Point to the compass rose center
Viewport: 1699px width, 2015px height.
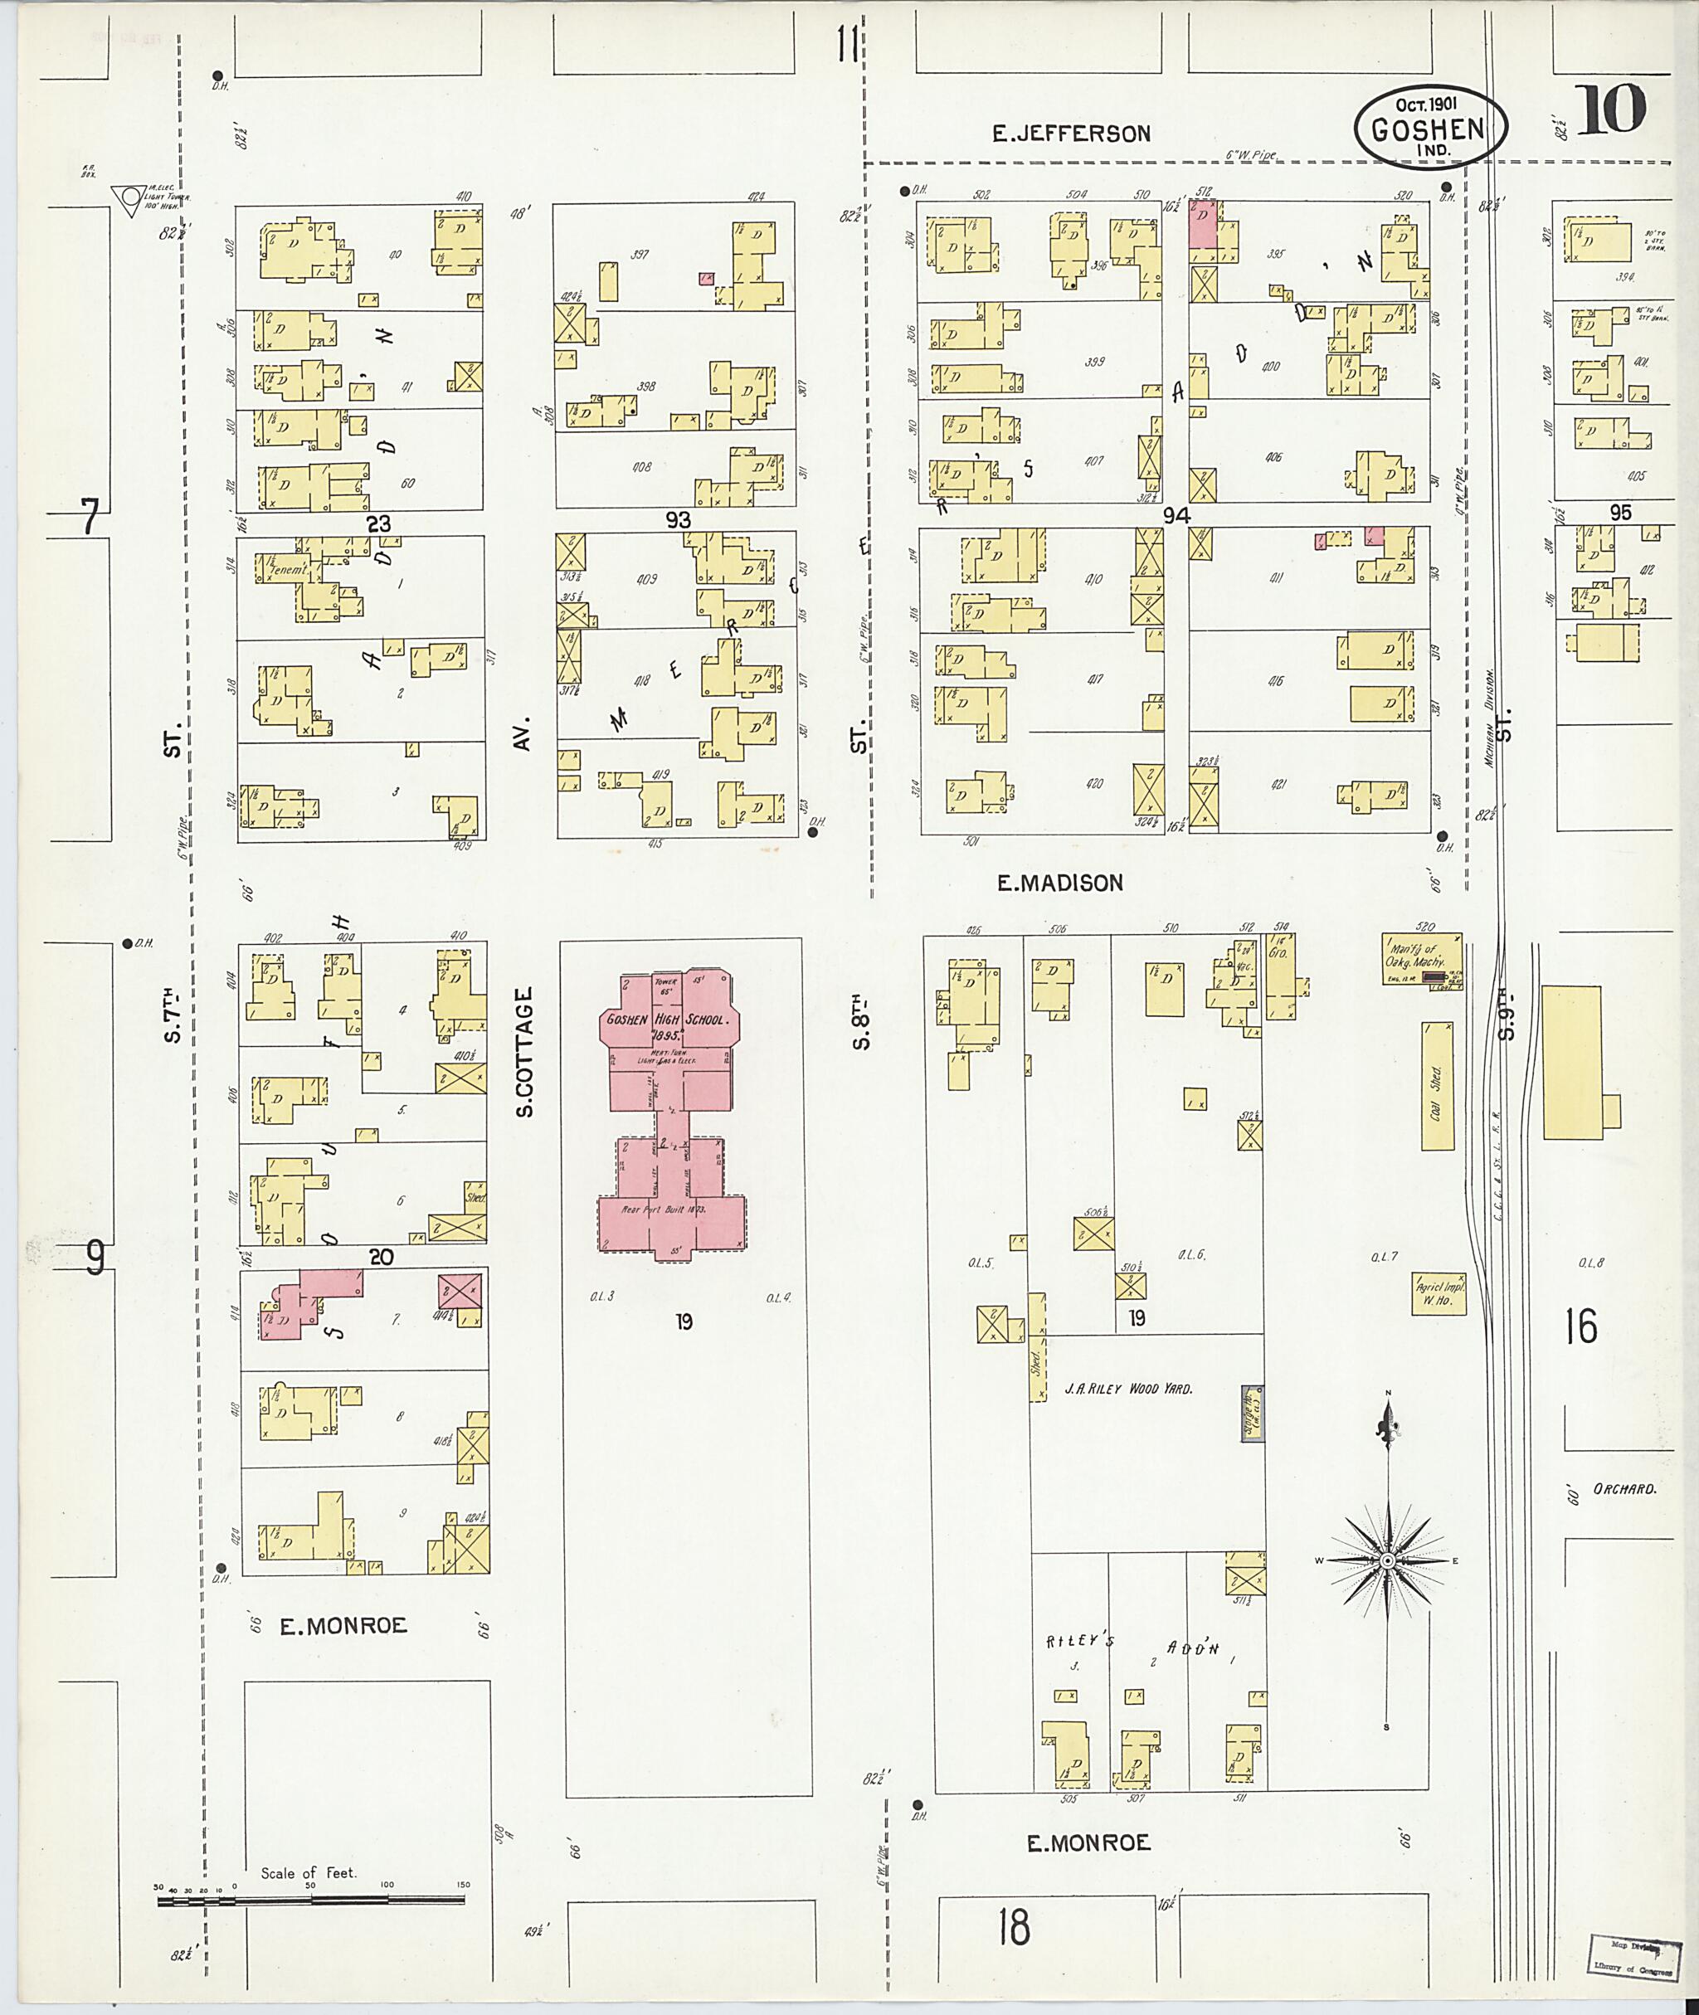click(x=1387, y=1560)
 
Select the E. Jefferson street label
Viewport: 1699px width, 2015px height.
click(x=1072, y=133)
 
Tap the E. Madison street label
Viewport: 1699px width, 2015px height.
click(x=1059, y=883)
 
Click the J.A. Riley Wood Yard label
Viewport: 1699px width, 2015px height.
click(x=1128, y=1389)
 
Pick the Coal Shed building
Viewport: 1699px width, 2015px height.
click(x=1437, y=1087)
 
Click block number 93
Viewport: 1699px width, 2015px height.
click(x=678, y=520)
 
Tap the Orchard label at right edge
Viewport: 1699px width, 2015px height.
click(x=1624, y=1488)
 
